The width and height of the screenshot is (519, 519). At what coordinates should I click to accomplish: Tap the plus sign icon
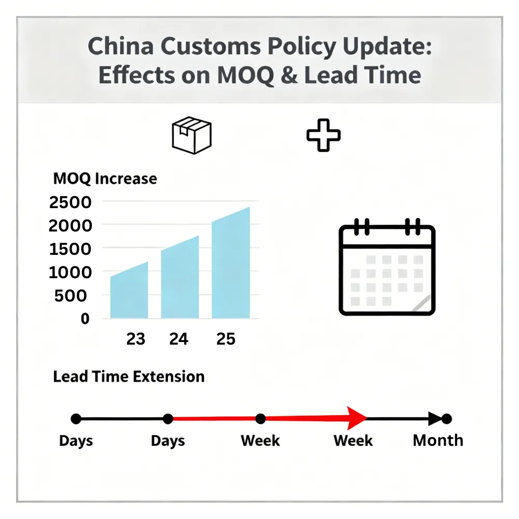pyautogui.click(x=323, y=135)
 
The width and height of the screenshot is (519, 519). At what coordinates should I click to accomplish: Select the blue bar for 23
pyautogui.click(x=129, y=293)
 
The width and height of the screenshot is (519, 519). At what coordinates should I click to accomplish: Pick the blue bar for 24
pyautogui.click(x=180, y=280)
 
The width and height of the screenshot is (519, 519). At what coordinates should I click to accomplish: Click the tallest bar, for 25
pyautogui.click(x=231, y=265)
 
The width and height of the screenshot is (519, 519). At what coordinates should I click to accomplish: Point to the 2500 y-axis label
pyautogui.click(x=70, y=202)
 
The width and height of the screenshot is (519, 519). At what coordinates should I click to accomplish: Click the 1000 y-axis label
pyautogui.click(x=70, y=272)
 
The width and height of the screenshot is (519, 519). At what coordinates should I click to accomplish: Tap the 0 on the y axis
pyautogui.click(x=85, y=319)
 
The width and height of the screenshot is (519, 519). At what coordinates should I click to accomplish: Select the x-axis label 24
pyautogui.click(x=179, y=339)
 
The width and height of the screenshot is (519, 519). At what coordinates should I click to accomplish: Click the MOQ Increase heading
pyautogui.click(x=105, y=179)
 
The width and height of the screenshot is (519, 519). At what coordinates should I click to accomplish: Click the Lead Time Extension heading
pyautogui.click(x=129, y=376)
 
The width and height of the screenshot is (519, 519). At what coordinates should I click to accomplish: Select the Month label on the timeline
pyautogui.click(x=438, y=441)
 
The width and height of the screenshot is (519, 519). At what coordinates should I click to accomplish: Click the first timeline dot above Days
pyautogui.click(x=76, y=418)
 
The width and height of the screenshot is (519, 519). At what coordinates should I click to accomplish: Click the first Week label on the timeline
pyautogui.click(x=260, y=441)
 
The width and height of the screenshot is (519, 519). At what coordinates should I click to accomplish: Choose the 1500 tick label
pyautogui.click(x=70, y=249)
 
